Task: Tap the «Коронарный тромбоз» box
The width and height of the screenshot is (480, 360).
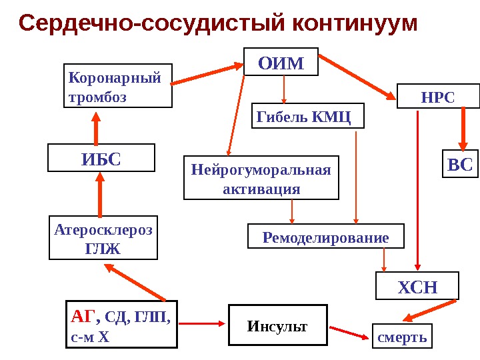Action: [118, 85]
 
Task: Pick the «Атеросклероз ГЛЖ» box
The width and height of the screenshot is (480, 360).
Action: [103, 238]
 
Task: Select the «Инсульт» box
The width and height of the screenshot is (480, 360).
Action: [278, 325]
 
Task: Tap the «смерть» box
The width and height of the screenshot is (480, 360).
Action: [402, 337]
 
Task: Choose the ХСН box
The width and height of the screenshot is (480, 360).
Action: [417, 287]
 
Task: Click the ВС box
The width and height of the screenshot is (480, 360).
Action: [460, 165]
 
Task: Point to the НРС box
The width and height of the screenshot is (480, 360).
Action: [438, 97]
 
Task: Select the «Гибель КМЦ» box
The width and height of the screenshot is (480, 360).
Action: [307, 115]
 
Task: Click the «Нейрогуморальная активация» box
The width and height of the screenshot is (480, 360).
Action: [261, 178]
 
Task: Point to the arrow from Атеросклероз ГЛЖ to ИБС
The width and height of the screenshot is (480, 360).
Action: [100, 193]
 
